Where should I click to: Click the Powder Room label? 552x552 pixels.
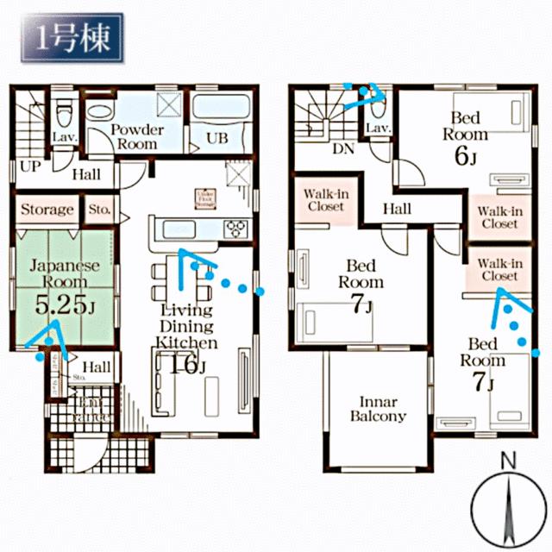(135, 137)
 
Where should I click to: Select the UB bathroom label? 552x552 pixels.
(215, 139)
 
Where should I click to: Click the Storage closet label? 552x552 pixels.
(47, 210)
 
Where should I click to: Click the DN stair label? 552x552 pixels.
(343, 147)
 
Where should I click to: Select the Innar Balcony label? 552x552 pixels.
(378, 408)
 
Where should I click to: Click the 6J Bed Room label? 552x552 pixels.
(466, 138)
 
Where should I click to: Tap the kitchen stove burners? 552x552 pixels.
(235, 229)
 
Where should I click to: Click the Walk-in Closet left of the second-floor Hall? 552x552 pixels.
(324, 200)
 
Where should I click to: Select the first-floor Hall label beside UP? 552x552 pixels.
(86, 174)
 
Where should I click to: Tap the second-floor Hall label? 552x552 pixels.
(397, 208)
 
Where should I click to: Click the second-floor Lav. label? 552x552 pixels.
(379, 129)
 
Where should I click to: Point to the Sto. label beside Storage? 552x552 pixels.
(99, 210)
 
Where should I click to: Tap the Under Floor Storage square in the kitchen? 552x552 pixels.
(204, 198)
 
